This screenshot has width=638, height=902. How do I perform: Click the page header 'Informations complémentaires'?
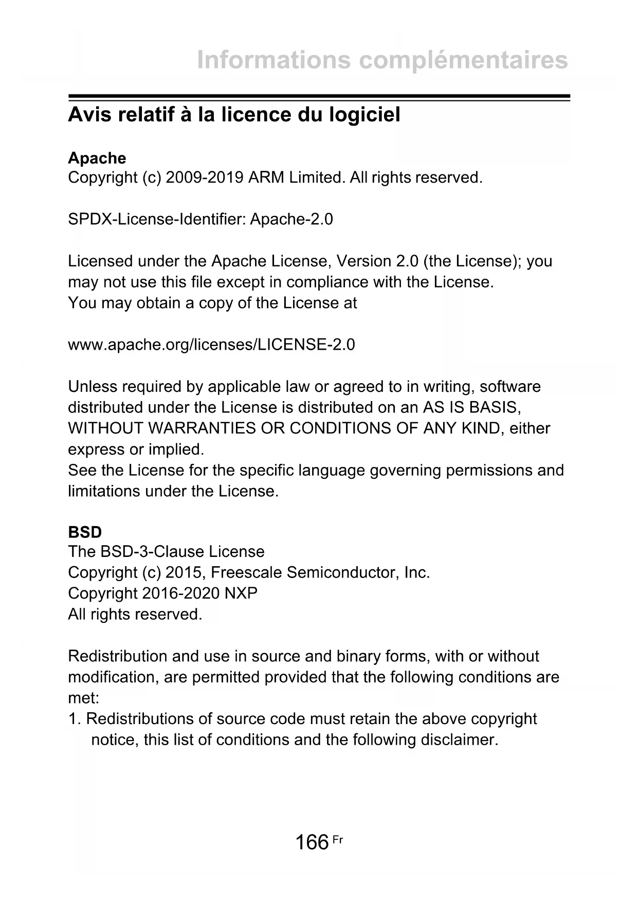pyautogui.click(x=382, y=60)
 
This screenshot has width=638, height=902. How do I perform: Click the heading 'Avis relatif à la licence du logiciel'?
pyautogui.click(x=234, y=115)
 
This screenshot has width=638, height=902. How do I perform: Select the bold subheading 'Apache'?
pyautogui.click(x=97, y=158)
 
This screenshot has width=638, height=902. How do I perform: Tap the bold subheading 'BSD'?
pyautogui.click(x=85, y=532)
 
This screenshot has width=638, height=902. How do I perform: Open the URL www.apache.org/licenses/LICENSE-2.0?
pyautogui.click(x=211, y=345)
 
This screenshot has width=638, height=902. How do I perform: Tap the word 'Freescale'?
pyautogui.click(x=246, y=572)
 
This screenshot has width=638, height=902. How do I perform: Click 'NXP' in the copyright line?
pyautogui.click(x=241, y=593)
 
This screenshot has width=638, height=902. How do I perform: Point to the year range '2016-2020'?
pyautogui.click(x=181, y=593)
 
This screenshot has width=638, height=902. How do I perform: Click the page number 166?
pyautogui.click(x=312, y=842)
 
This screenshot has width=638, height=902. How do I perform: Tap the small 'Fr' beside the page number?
pyautogui.click(x=337, y=840)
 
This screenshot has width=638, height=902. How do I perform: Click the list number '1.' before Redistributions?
pyautogui.click(x=75, y=719)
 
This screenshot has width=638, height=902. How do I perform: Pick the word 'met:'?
pyautogui.click(x=83, y=698)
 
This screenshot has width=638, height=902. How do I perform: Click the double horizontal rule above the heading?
pyautogui.click(x=319, y=98)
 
